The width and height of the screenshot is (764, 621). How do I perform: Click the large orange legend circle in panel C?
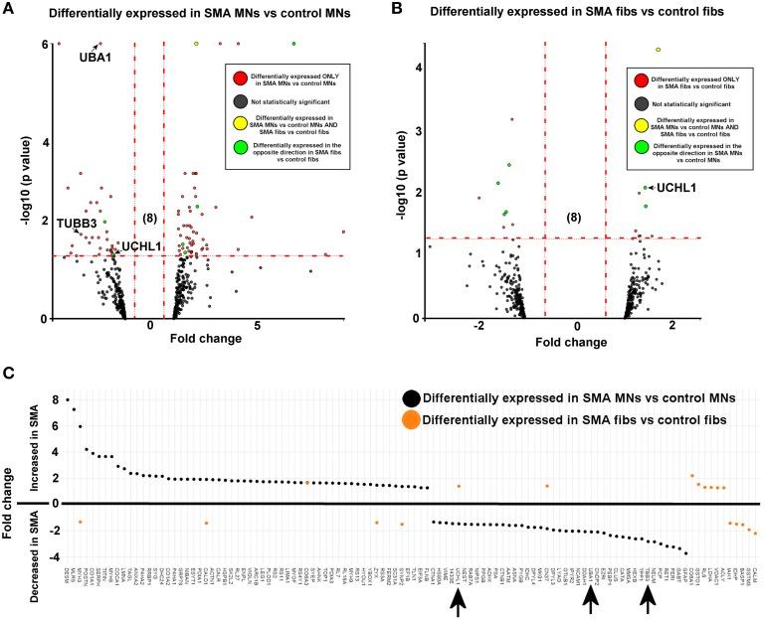click(x=410, y=419)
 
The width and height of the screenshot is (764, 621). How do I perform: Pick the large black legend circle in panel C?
click(x=410, y=397)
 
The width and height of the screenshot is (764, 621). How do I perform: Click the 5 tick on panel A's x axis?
click(x=257, y=325)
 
